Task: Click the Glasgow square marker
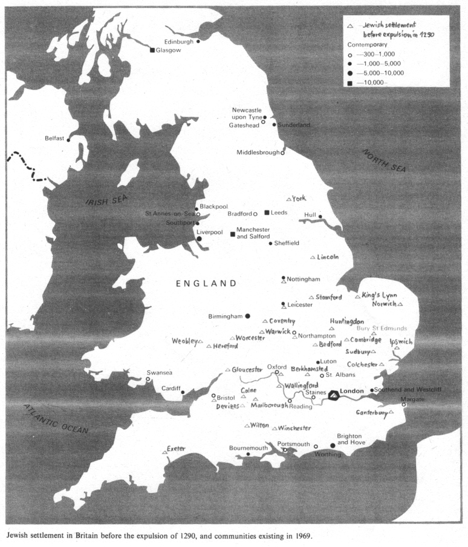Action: (x=152, y=50)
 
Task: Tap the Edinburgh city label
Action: (x=179, y=41)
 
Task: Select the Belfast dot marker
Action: (x=68, y=140)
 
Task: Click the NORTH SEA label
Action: (x=384, y=160)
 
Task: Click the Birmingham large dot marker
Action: (x=247, y=316)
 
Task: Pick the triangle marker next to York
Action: (x=288, y=199)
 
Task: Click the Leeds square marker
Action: (x=267, y=213)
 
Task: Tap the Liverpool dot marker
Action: (x=199, y=238)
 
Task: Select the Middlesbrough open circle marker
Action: (x=282, y=153)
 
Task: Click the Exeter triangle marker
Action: (x=164, y=451)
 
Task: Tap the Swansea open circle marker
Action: (x=148, y=379)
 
